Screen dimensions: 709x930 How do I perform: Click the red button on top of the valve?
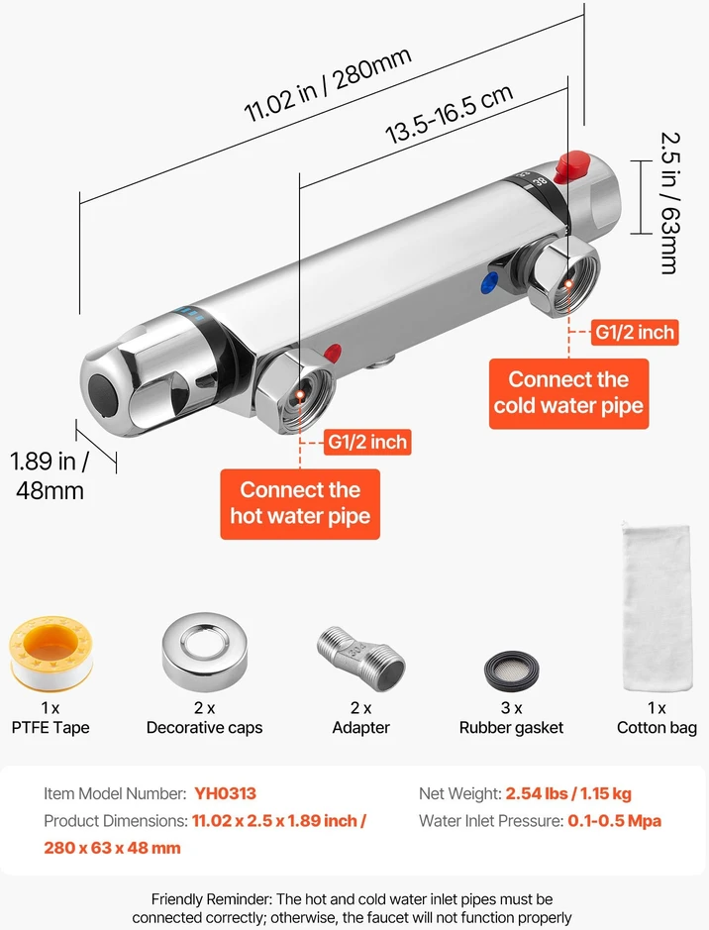[x=571, y=166]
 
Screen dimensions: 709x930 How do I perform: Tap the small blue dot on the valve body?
[x=490, y=281]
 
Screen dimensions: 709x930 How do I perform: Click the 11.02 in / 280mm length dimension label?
[x=327, y=84]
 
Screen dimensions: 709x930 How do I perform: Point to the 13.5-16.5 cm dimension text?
[x=449, y=114]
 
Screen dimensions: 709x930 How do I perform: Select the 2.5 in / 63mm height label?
[x=670, y=203]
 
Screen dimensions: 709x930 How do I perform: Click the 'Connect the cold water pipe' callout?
[x=568, y=393]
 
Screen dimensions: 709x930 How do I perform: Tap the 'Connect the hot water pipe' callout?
[x=300, y=504]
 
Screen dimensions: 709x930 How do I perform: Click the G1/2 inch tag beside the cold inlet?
[x=635, y=332]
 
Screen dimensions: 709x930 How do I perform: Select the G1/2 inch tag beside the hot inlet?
[x=367, y=443]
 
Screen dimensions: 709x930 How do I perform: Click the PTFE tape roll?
[x=51, y=653]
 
